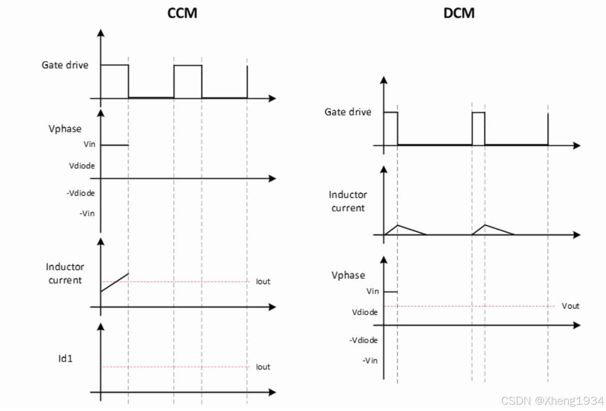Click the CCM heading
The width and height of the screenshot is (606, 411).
coord(182,13)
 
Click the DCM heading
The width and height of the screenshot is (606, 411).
coord(459,13)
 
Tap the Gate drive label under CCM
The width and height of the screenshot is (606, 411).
coord(65,64)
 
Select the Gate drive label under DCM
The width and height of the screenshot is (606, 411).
coord(348,112)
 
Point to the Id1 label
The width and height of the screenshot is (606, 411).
coord(65,358)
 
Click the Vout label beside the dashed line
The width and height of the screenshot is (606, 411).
coord(570,306)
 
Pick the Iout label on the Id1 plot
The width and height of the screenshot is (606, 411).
coord(263,367)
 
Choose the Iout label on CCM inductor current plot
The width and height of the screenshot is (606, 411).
coord(263,282)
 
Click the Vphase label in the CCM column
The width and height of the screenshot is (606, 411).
coord(65,129)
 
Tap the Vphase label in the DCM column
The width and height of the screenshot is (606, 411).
coord(348,275)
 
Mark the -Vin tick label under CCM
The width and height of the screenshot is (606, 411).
coord(87,214)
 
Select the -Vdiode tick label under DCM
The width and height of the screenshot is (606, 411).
coord(363,340)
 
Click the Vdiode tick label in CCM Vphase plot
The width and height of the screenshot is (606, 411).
coord(82,166)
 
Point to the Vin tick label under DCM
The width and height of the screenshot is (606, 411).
coord(373,291)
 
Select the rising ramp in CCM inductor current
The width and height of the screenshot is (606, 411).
coord(115,283)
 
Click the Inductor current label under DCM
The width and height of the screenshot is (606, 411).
coord(348,201)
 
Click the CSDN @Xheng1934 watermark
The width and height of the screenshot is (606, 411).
coord(552,401)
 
